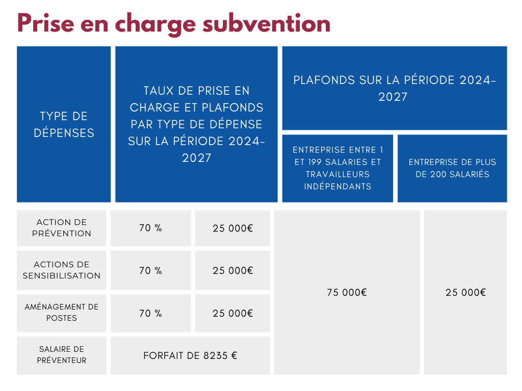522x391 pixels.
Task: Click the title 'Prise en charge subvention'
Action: pyautogui.click(x=173, y=24)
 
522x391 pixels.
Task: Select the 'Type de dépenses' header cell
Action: pyautogui.click(x=64, y=125)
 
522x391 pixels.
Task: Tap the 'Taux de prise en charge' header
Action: pyautogui.click(x=196, y=125)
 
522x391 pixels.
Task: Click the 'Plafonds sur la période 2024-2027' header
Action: pyautogui.click(x=394, y=88)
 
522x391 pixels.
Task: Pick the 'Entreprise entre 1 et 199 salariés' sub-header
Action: pyautogui.click(x=337, y=168)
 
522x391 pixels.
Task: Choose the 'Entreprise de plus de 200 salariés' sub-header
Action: pyautogui.click(x=452, y=168)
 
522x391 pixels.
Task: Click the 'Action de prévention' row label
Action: pyautogui.click(x=62, y=228)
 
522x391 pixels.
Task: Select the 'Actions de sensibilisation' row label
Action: pyautogui.click(x=62, y=270)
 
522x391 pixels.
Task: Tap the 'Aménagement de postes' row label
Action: pyautogui.click(x=62, y=313)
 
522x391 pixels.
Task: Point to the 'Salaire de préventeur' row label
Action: pyautogui.click(x=62, y=355)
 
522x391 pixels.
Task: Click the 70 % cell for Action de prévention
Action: pyautogui.click(x=150, y=228)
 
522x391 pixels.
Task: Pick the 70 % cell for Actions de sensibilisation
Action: pyautogui.click(x=150, y=270)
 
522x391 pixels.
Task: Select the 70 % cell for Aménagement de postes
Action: pyautogui.click(x=150, y=313)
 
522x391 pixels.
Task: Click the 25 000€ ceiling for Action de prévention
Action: pyautogui.click(x=232, y=228)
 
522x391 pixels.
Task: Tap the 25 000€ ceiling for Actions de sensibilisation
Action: pyautogui.click(x=232, y=270)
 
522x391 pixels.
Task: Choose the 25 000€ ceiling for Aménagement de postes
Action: pyautogui.click(x=232, y=313)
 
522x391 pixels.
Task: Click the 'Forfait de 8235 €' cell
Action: pyautogui.click(x=190, y=355)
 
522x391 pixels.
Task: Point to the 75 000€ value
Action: pyautogui.click(x=347, y=292)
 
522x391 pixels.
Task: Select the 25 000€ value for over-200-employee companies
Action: pyautogui.click(x=465, y=292)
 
